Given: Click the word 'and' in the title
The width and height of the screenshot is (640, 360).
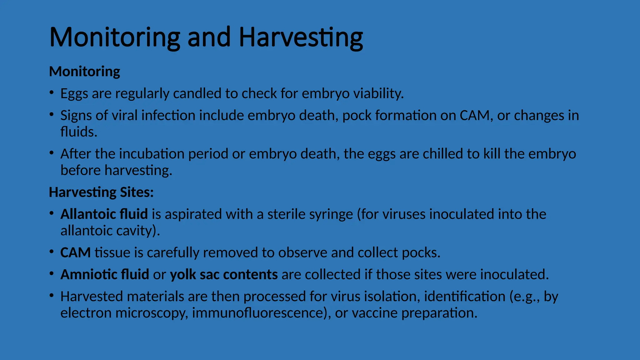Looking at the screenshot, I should point(209,37).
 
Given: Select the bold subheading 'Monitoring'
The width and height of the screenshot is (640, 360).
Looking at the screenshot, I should point(84,72).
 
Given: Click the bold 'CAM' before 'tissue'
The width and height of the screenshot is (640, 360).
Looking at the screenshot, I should point(75,253).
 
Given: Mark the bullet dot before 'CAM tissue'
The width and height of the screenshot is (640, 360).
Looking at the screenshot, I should point(52,252).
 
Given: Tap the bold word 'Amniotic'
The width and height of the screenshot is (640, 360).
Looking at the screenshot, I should point(89,275).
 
